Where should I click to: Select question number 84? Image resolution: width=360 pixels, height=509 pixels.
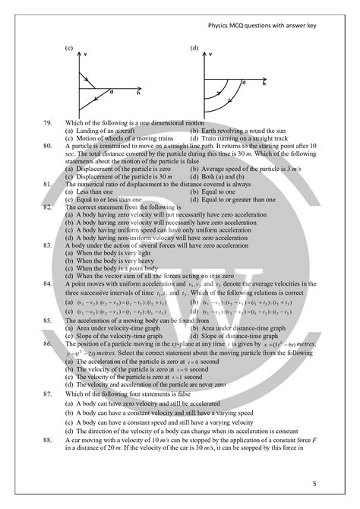tap(49, 280)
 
